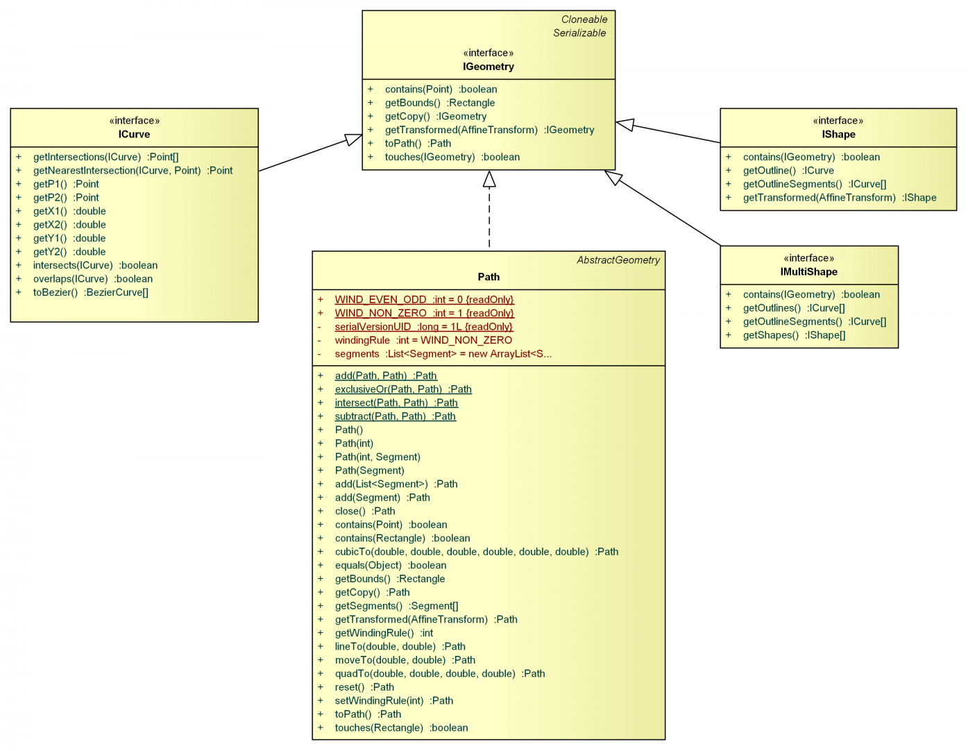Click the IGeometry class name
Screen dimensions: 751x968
pyautogui.click(x=489, y=67)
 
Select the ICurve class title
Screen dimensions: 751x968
pyautogui.click(x=134, y=134)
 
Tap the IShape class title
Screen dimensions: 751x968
pyautogui.click(x=838, y=134)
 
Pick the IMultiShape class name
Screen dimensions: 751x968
pyautogui.click(x=808, y=271)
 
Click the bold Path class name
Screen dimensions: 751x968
pyautogui.click(x=489, y=276)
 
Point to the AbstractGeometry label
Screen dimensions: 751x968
pyautogui.click(x=618, y=260)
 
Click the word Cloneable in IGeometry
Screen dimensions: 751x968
pyautogui.click(x=584, y=19)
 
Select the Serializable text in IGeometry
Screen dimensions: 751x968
pyautogui.click(x=579, y=33)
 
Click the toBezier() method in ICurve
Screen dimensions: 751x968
pyautogui.click(x=90, y=292)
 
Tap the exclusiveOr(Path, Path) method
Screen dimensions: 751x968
pyautogui.click(x=403, y=389)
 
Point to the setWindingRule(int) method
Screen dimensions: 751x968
pyautogui.click(x=393, y=700)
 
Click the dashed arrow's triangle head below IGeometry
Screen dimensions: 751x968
pyautogui.click(x=489, y=179)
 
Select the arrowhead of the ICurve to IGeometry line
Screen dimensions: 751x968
pyautogui.click(x=354, y=140)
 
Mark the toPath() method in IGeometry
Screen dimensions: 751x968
pyautogui.click(x=418, y=143)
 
